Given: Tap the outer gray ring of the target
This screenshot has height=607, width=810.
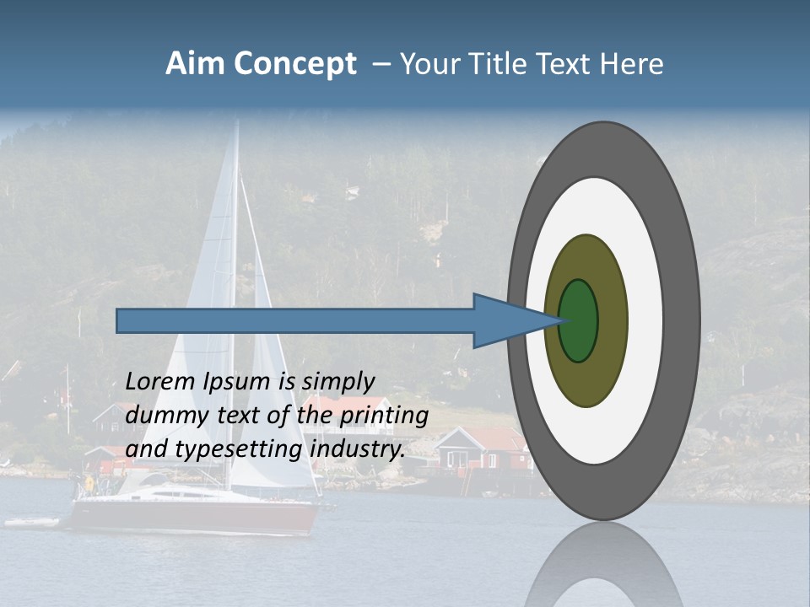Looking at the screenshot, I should [679, 320].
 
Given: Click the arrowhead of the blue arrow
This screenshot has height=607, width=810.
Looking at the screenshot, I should [506, 321].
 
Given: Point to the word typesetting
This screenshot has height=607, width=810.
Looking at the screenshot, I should [240, 449].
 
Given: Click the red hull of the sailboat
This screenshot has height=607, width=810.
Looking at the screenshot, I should [194, 515].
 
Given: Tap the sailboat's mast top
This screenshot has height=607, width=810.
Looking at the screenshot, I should [237, 125].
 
